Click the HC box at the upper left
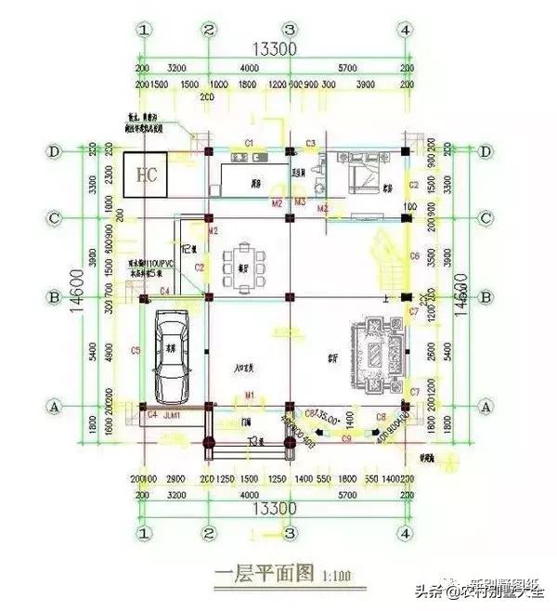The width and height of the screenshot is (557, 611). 145,175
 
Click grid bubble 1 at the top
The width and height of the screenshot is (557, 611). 144,30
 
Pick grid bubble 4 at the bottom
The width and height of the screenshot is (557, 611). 405,533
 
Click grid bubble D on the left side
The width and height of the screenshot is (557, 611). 56,151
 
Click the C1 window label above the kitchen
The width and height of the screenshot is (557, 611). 249,141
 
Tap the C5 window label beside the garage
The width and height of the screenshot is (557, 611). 136,350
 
